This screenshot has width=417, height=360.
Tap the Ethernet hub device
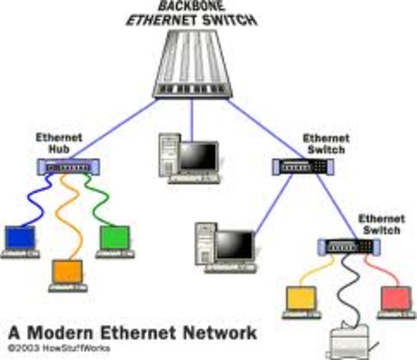point(66,168)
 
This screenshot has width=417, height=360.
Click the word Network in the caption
point(221,332)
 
